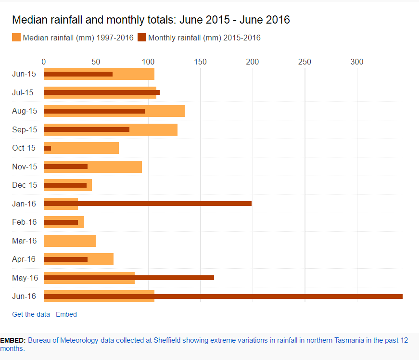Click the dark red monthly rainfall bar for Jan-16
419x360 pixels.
pos(147,204)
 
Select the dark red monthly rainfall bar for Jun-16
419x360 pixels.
pos(223,296)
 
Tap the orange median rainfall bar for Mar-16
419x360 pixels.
pos(70,241)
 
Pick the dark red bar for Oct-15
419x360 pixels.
pos(48,148)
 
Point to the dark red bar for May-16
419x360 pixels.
pos(129,278)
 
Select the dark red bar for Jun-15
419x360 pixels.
pos(78,74)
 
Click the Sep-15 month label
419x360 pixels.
pos(25,129)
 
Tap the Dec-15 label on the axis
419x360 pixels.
pos(25,185)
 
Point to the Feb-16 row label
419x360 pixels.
pos(25,222)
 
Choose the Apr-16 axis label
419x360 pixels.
pos(24,259)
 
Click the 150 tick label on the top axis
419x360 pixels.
pos(200,62)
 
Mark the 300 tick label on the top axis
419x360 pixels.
pos(356,62)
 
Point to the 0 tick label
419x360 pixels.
pos(44,62)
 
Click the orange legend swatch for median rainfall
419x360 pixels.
pos(16,38)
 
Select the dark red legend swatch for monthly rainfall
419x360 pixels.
pos(142,38)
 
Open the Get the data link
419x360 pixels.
pos(31,314)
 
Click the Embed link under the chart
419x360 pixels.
pos(66,314)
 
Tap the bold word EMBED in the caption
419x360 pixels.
pos(13,340)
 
